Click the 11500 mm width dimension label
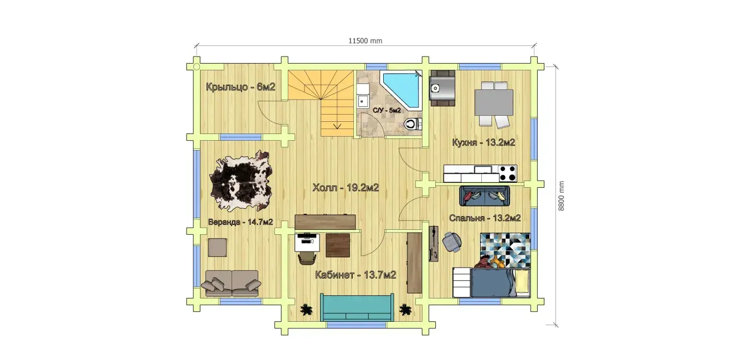point(365,41)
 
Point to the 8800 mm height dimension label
point(561,196)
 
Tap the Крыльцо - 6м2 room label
point(240,87)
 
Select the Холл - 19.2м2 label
point(346,188)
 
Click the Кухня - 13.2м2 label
point(483,142)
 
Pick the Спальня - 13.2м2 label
point(485,218)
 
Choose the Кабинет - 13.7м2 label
point(356,275)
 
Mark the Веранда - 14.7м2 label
point(240,222)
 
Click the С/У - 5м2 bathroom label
point(387,110)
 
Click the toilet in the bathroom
point(413,124)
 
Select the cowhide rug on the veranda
point(241,181)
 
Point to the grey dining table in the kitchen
point(494,102)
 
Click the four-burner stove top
point(508,173)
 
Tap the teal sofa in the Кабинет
point(357,307)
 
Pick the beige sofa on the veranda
point(231,283)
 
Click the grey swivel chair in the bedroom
point(452,241)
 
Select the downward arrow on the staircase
point(337,126)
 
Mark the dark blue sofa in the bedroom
point(485,196)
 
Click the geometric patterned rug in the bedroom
point(506,250)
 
